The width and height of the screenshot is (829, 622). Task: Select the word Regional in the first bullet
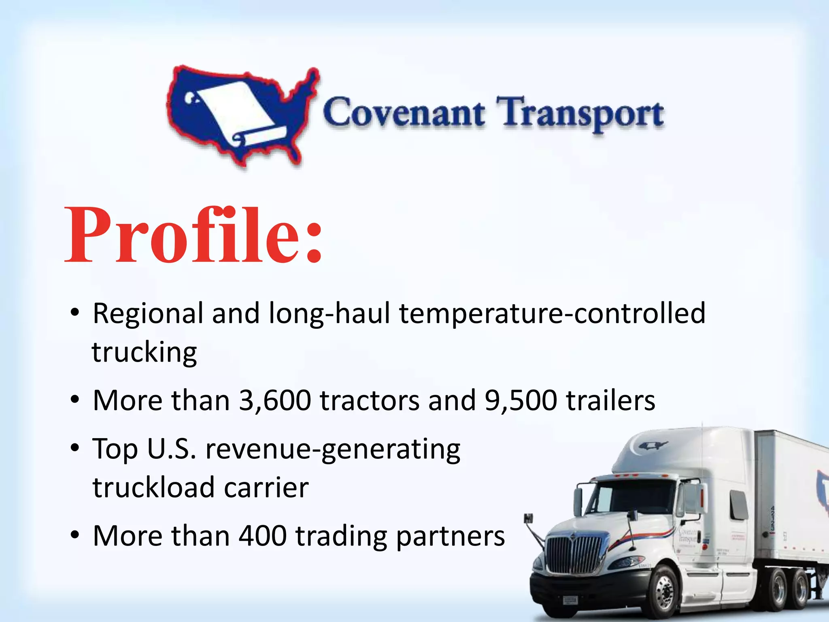click(x=148, y=313)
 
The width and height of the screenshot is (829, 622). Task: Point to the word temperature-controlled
click(x=552, y=313)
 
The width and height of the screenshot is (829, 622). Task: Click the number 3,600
click(x=275, y=400)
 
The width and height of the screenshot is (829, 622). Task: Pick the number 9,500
click(x=521, y=400)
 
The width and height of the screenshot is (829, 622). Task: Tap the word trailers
click(x=610, y=400)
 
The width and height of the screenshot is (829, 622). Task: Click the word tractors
click(x=370, y=400)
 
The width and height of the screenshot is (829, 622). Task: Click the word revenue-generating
click(x=333, y=449)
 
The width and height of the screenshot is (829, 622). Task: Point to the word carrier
click(x=266, y=488)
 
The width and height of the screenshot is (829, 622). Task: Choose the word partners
click(x=450, y=537)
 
